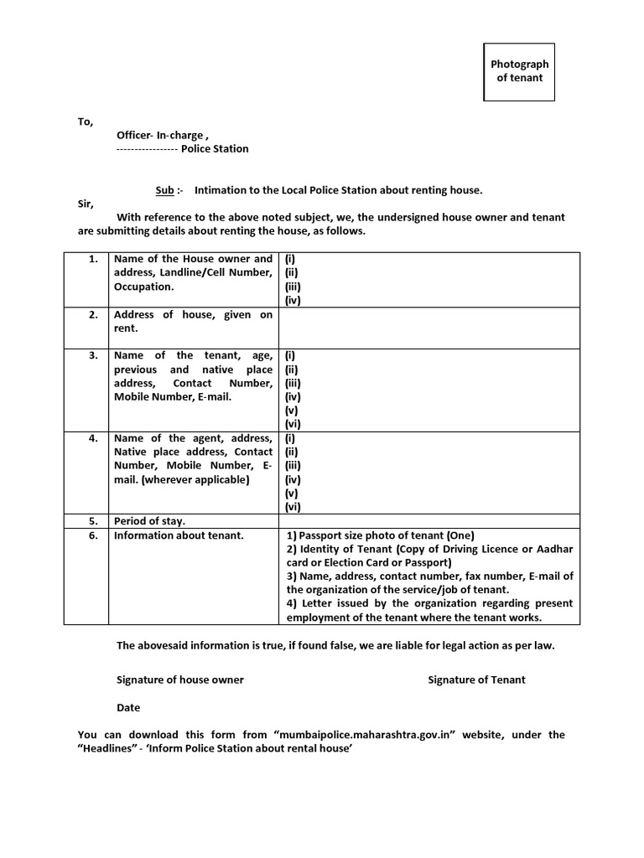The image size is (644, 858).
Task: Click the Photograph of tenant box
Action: coord(519,70)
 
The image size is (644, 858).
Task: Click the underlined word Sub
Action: coord(164,190)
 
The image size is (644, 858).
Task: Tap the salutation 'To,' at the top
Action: coord(86,121)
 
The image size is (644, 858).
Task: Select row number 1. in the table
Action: coord(94,259)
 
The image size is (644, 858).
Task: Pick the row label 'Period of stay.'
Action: coord(150,520)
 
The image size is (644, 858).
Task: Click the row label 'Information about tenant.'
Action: coord(179,535)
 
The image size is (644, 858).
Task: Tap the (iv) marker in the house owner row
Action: coord(293,299)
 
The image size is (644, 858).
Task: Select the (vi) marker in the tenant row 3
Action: coord(293,424)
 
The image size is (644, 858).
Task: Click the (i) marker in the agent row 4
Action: coord(290,438)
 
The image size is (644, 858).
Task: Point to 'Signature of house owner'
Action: coord(180,680)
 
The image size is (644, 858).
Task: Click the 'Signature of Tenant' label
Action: coord(476,680)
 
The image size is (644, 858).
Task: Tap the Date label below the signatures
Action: coord(128,707)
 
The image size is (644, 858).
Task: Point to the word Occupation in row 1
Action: coord(143,287)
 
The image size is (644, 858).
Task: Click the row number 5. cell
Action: coord(94,520)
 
